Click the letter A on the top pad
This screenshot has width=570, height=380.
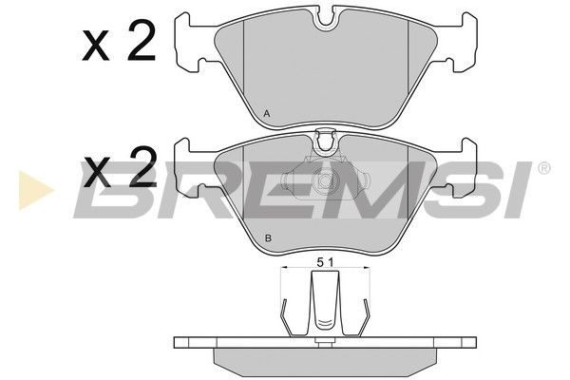click(x=267, y=114)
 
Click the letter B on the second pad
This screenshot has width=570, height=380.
click(x=268, y=238)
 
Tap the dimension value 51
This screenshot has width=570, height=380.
click(x=325, y=262)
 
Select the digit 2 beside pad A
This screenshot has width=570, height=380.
click(x=142, y=41)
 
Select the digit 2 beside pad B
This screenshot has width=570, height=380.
click(x=142, y=167)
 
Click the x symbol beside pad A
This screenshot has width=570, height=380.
click(x=96, y=46)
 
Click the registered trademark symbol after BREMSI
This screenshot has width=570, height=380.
click(x=543, y=168)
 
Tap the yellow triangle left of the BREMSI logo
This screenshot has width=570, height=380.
click(x=35, y=190)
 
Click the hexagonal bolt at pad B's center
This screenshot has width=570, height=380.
click(x=325, y=180)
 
